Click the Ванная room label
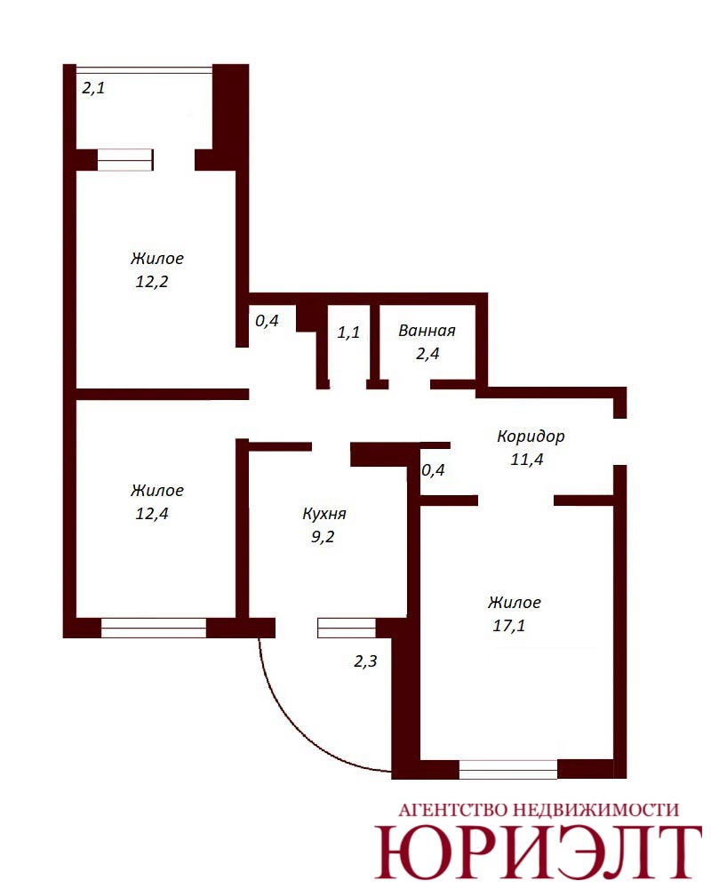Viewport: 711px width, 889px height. coord(427,331)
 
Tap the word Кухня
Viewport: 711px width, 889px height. coord(324,514)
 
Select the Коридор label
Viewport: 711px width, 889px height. coord(531,436)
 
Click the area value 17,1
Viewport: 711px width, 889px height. coord(509,626)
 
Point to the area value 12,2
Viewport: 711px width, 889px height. coord(152,282)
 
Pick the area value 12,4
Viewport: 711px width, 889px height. coord(152,514)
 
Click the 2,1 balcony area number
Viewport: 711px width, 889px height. coord(93,88)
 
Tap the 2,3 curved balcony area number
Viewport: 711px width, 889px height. coord(365,661)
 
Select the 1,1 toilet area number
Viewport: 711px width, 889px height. coord(348,332)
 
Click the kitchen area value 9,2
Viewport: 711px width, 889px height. coord(323,537)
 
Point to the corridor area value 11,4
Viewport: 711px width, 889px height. coord(527,460)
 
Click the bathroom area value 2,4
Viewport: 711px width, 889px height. coord(427,354)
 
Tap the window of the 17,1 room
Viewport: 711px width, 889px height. coord(508,769)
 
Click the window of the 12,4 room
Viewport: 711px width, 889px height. coord(154,628)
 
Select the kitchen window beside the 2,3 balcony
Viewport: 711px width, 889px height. coord(347,628)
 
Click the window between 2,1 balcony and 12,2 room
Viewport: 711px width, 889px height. coord(125,160)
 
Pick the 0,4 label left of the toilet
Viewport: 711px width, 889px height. coord(267,321)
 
